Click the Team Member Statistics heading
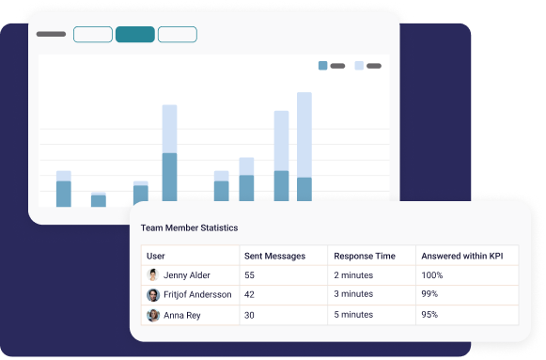click(189, 227)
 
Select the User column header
click(156, 256)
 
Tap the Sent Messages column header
click(274, 256)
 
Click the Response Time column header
click(366, 256)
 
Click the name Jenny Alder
click(187, 275)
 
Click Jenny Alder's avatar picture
click(153, 275)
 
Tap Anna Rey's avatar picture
click(153, 315)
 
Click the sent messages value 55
click(250, 275)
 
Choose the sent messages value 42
click(250, 295)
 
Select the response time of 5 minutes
click(353, 315)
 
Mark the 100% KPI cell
click(432, 275)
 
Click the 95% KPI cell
click(430, 315)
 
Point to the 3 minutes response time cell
click(353, 295)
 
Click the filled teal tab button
click(135, 35)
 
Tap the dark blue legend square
click(323, 66)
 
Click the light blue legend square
click(359, 66)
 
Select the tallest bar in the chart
click(304, 146)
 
